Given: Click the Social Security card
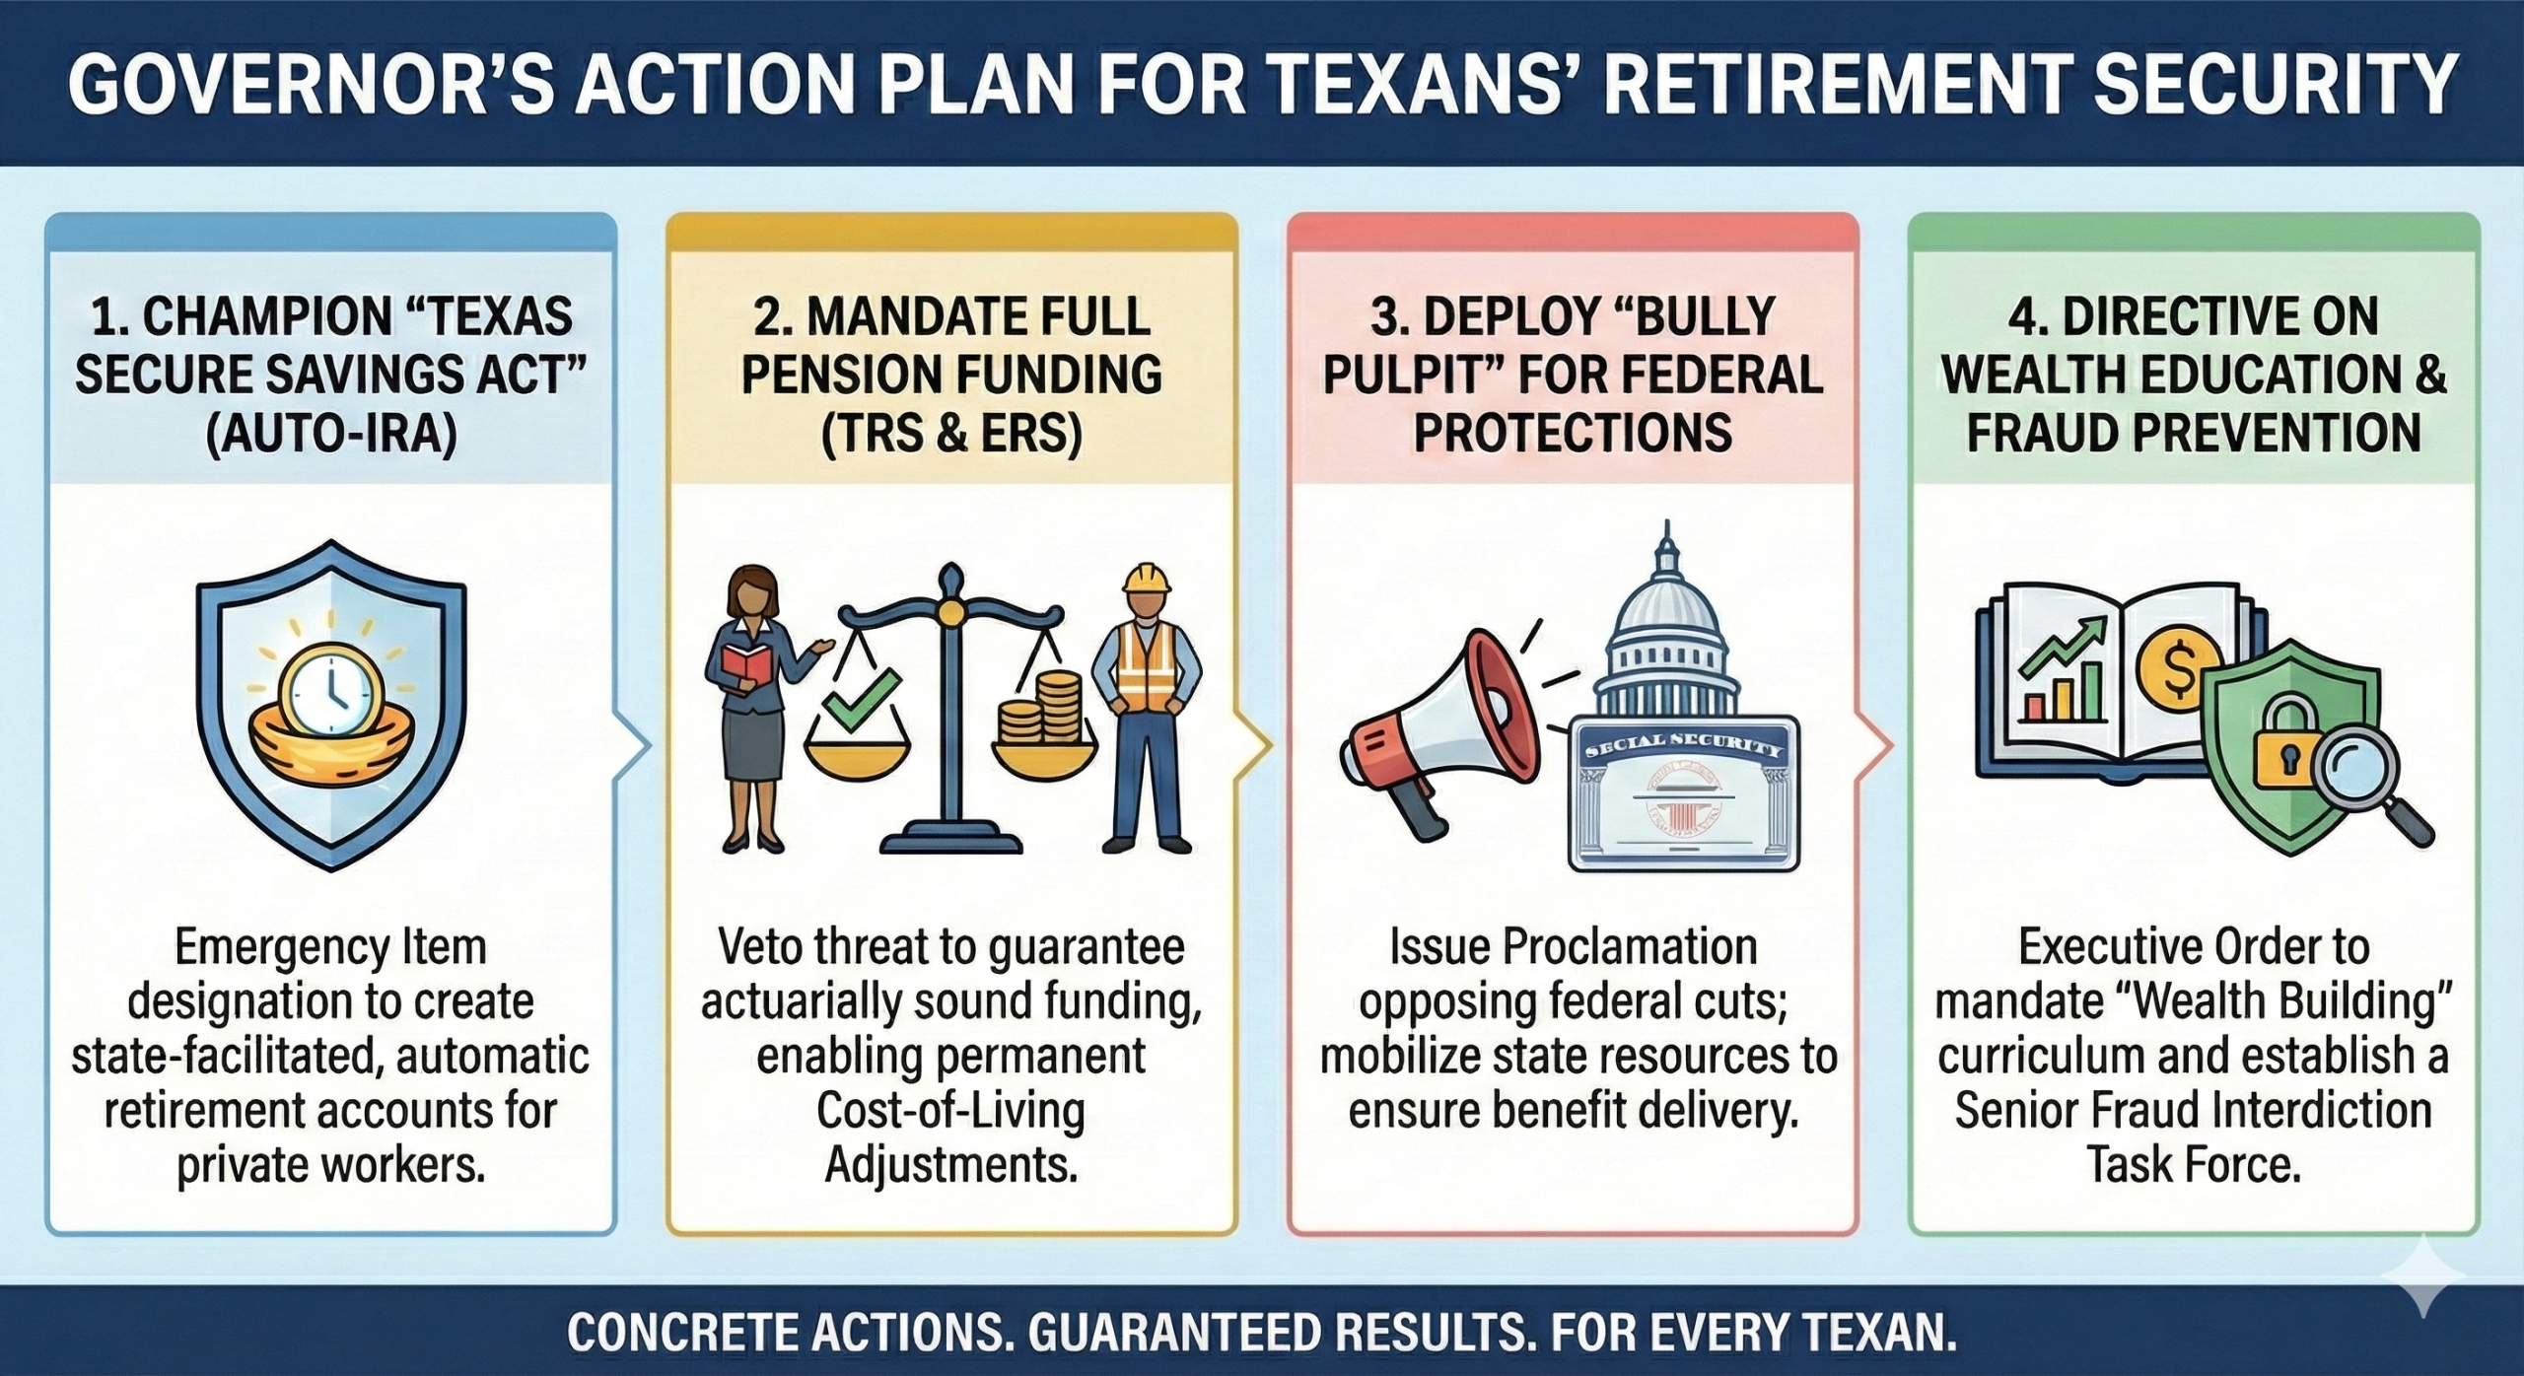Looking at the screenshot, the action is [1684, 792].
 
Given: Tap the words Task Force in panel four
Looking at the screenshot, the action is [2194, 1165].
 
